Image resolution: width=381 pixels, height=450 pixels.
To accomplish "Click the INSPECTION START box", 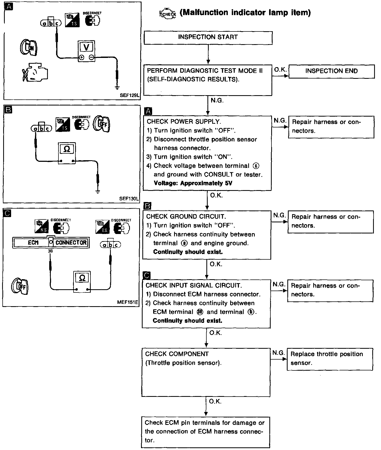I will coord(208,38).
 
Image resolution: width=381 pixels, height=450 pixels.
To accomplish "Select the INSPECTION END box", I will coord(331,71).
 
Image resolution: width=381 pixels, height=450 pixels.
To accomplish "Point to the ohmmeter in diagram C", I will coord(82,282).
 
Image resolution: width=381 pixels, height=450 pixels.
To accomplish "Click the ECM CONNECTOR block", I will coord(51,242).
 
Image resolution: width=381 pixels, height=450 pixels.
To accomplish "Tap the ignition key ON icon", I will coord(29,48).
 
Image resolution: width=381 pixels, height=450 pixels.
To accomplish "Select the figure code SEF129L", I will coord(129,95).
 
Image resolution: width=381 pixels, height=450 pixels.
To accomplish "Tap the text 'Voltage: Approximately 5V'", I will coord(193,183).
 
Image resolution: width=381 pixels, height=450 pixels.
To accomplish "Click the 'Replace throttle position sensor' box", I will coord(330,359).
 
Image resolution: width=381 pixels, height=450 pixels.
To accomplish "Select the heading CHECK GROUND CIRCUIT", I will coord(186,217).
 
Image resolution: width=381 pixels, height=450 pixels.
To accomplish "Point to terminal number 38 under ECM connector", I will coord(50,251).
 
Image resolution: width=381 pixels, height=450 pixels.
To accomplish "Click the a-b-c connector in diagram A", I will coord(51,23).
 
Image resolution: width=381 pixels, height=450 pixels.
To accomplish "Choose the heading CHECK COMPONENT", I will coord(177,354).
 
